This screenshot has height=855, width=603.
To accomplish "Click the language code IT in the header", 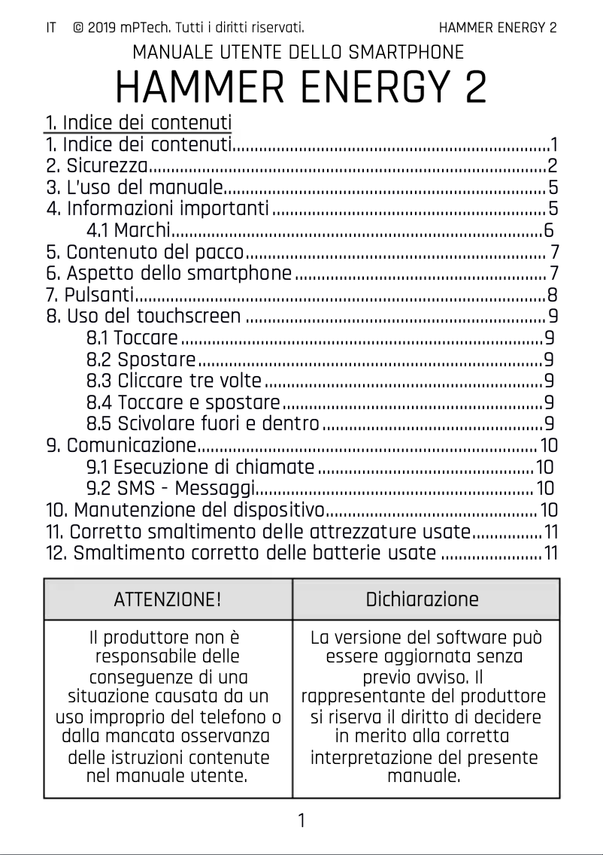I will coord(51,29).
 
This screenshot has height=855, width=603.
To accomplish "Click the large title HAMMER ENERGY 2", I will coord(301,88).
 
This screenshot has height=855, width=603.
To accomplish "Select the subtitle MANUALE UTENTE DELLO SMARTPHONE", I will coord(298,53).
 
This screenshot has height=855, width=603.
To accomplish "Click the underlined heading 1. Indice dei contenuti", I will coord(138,123).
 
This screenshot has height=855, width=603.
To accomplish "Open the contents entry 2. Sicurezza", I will coord(97,165).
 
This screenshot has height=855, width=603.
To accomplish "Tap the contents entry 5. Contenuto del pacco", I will coord(145,251).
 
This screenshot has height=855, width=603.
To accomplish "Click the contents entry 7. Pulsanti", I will coord(90,294).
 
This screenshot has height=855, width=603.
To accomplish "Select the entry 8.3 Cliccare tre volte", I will coord(174,380).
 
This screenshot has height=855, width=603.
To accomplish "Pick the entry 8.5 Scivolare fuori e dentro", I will coord(203,423).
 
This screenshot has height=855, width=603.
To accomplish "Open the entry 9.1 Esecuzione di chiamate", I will coord(200,467).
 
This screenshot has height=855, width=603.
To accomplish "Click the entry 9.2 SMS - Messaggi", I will coord(171,489).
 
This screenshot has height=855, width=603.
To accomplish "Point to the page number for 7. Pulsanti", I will coord(553,294).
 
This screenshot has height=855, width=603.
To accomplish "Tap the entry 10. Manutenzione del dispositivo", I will coord(185,511).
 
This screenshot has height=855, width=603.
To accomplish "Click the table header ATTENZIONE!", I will coord(168,599).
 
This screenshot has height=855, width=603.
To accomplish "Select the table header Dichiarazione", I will coord(422,599).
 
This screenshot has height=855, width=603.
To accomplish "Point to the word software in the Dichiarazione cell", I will coord(445,638).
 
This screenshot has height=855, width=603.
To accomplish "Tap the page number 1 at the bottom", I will coord(301,820).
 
